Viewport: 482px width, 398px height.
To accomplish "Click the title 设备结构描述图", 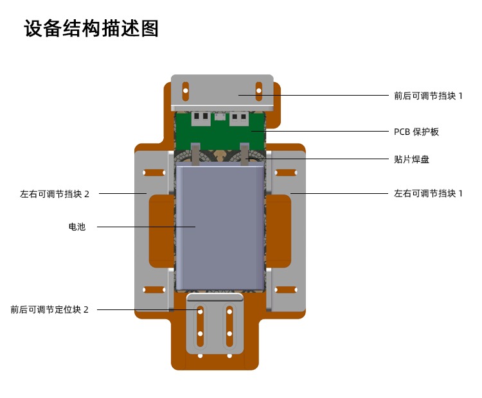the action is [91, 28].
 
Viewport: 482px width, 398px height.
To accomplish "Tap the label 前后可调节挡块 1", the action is [428, 96].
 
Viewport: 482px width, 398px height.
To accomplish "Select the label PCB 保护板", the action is [416, 132].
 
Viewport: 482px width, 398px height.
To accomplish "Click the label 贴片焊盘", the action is [411, 159].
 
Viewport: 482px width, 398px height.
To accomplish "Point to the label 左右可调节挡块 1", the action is [428, 193].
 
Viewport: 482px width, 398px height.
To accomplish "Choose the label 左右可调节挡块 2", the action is [55, 194].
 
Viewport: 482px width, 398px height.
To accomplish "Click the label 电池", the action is [77, 227].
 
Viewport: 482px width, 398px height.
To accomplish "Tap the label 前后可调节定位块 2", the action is [49, 309].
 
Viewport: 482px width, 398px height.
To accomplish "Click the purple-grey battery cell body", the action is [220, 228].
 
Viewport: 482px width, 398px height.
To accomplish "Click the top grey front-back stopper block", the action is [222, 92].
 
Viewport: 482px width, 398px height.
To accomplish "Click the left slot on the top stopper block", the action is [186, 91].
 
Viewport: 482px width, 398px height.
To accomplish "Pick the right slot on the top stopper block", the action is [259, 91].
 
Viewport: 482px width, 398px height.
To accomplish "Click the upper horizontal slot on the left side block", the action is [154, 173].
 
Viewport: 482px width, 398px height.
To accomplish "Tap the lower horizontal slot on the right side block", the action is [286, 290].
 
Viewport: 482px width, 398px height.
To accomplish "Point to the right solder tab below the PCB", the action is [244, 155].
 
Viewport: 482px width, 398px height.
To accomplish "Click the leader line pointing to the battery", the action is [147, 227].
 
